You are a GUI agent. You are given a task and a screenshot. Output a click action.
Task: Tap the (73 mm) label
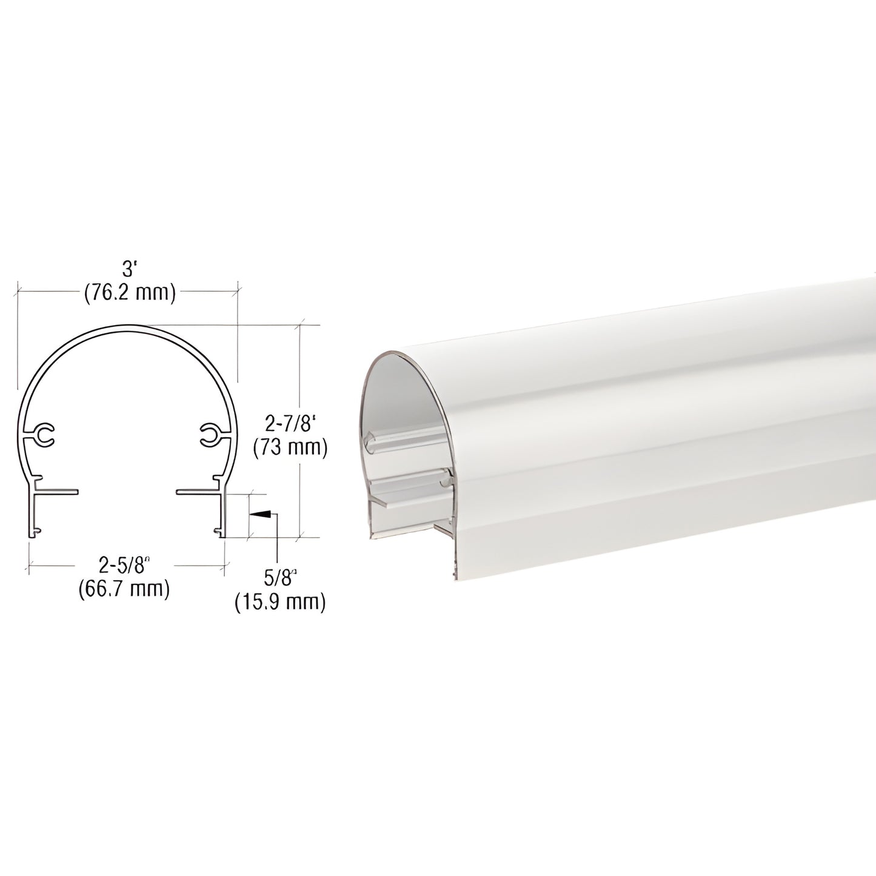coord(290,447)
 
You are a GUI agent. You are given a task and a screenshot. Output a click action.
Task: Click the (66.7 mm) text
coord(124,588)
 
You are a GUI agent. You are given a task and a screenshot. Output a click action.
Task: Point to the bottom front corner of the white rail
coord(453,576)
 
